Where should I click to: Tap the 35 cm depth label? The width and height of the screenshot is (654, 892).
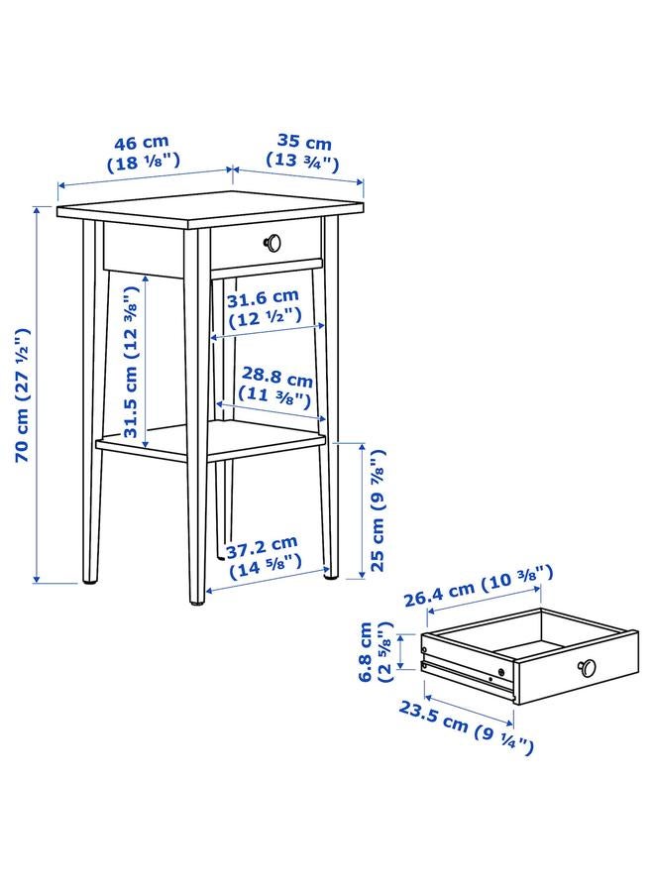click(x=303, y=143)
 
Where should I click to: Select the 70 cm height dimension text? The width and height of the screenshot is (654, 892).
click(x=23, y=396)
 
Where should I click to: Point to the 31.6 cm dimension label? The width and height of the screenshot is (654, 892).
click(x=263, y=297)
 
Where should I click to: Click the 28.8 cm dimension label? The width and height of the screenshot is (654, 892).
click(x=276, y=380)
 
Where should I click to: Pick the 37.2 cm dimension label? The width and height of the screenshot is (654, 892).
click(x=261, y=544)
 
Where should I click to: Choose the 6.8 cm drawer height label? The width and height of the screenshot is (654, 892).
click(x=367, y=651)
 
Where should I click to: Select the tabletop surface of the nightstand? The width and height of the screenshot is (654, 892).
click(x=208, y=208)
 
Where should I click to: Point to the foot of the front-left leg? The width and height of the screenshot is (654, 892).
click(x=91, y=578)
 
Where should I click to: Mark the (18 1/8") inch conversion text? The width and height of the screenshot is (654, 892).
click(x=143, y=161)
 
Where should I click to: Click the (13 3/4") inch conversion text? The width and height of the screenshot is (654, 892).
click(x=303, y=161)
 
